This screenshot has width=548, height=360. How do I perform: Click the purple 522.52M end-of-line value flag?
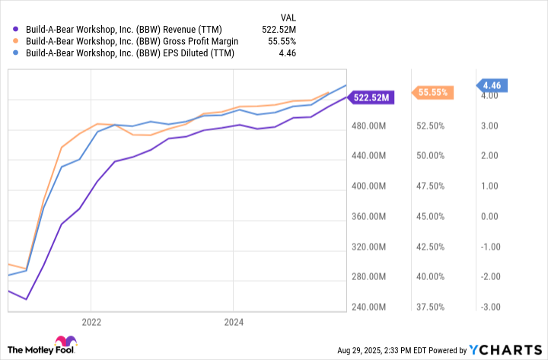(x=371, y=97)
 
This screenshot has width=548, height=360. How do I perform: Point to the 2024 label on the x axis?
(x=234, y=322)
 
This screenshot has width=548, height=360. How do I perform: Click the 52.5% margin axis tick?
(x=429, y=126)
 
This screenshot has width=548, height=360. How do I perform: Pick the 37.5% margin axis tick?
(x=429, y=307)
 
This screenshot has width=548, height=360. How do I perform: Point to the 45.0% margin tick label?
(x=429, y=216)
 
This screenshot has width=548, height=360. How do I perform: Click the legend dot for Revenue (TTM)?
(x=16, y=29)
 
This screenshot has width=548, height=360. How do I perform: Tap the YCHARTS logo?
(x=506, y=350)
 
